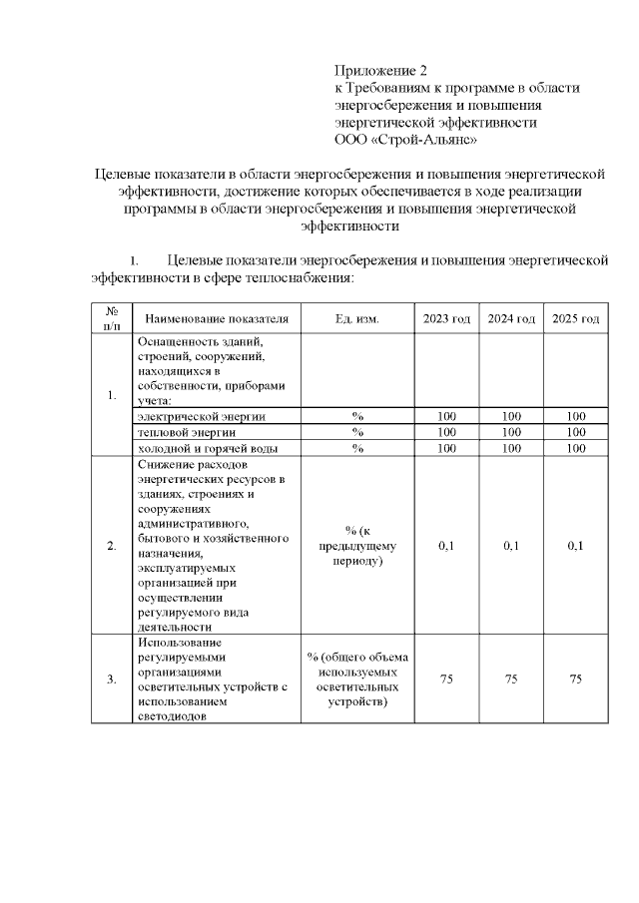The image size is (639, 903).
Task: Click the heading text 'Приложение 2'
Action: click(x=380, y=71)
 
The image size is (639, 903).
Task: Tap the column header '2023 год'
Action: click(x=446, y=319)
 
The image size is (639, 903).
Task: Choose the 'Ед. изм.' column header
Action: click(x=356, y=319)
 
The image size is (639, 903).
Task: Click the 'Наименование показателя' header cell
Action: click(x=217, y=319)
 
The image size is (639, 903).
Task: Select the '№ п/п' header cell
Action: click(x=112, y=319)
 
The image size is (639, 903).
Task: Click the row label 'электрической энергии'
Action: click(x=202, y=416)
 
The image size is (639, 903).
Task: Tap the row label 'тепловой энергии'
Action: click(x=187, y=432)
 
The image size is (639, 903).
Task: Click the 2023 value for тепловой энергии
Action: click(x=446, y=432)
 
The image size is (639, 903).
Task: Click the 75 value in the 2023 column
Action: click(x=446, y=679)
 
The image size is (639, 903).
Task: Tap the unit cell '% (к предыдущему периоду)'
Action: click(x=356, y=546)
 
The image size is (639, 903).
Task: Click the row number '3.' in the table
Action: click(x=112, y=679)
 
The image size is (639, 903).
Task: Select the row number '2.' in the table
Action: click(x=112, y=546)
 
